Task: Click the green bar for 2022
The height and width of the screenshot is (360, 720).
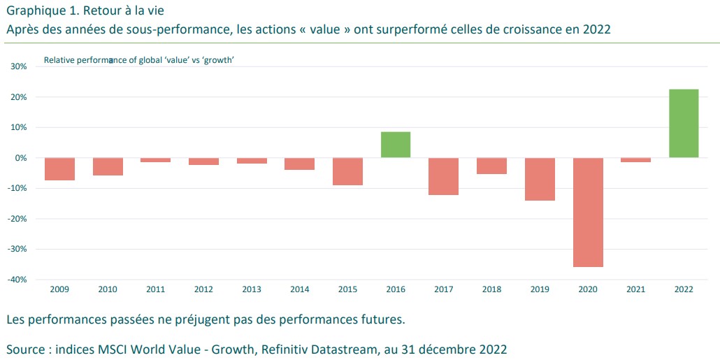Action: click(x=684, y=123)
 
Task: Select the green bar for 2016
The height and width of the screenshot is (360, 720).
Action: click(x=396, y=145)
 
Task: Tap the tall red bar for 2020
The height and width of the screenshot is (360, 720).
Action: click(x=588, y=213)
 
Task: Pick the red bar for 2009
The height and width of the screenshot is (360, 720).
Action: click(x=59, y=169)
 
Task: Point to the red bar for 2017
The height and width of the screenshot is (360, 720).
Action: click(x=443, y=176)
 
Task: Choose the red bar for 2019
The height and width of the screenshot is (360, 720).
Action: click(x=540, y=179)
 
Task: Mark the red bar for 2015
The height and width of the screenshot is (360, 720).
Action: click(x=347, y=171)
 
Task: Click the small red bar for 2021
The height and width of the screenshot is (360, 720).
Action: click(x=635, y=160)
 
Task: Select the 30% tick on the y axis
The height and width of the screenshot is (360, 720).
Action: click(x=18, y=66)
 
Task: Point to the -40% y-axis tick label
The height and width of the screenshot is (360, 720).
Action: click(x=17, y=280)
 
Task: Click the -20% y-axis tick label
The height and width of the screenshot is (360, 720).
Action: click(x=17, y=219)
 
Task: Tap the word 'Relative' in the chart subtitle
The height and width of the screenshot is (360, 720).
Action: click(x=58, y=60)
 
